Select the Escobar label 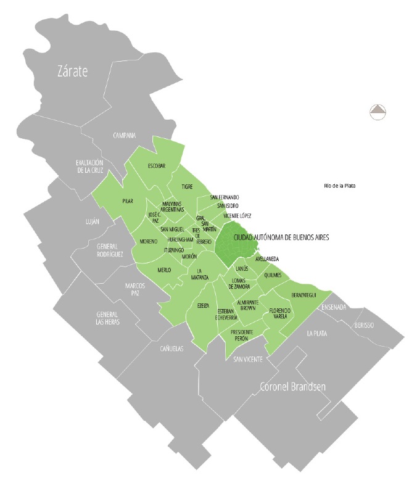tap(157, 165)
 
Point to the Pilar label tap(128, 201)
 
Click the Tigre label tap(187, 186)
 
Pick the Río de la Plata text tap(340, 186)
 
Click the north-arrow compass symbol tap(378, 112)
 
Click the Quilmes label tap(272, 275)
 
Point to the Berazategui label tap(304, 295)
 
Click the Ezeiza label tap(203, 306)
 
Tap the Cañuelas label tap(171, 349)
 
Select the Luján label tap(92, 221)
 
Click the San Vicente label tap(248, 358)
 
